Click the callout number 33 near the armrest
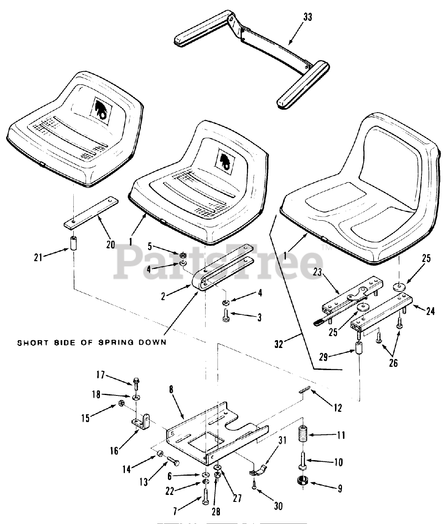coord(308,17)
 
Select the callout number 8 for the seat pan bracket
coord(171,389)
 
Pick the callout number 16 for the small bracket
coord(114,451)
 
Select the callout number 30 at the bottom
coord(278,506)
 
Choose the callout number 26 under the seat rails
coord(393,363)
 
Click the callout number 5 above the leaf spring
coord(150,246)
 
